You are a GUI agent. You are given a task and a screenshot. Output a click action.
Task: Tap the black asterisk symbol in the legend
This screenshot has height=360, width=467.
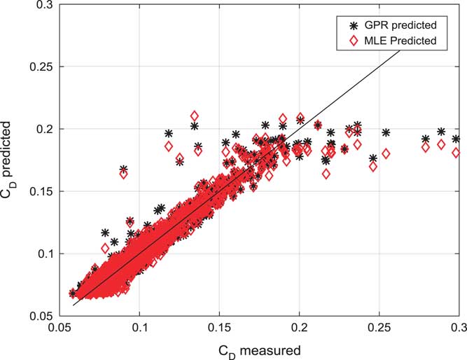[x=344, y=25]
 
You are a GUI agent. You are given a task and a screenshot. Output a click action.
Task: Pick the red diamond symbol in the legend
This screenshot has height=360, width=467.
[x=344, y=41]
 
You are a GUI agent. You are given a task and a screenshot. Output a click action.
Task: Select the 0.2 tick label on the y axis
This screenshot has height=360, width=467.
[x=41, y=130]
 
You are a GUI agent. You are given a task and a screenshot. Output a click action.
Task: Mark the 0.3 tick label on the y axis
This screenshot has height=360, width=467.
[x=41, y=6]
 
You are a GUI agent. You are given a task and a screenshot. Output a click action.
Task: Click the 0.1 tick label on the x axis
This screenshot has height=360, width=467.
[x=139, y=328]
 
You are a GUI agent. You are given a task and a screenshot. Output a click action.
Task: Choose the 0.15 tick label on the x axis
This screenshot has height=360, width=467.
[x=219, y=328]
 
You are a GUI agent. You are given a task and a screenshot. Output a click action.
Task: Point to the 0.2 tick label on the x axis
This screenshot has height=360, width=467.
[x=300, y=328]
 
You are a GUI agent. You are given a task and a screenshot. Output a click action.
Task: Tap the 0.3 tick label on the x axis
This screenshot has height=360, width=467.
[x=459, y=328]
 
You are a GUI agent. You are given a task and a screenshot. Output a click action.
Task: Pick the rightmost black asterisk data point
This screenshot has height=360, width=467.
[x=456, y=139]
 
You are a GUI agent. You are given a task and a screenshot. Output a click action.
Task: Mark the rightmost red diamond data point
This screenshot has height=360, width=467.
[x=456, y=152]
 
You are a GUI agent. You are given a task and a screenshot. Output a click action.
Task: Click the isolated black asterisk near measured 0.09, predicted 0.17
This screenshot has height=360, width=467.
[x=124, y=169]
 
